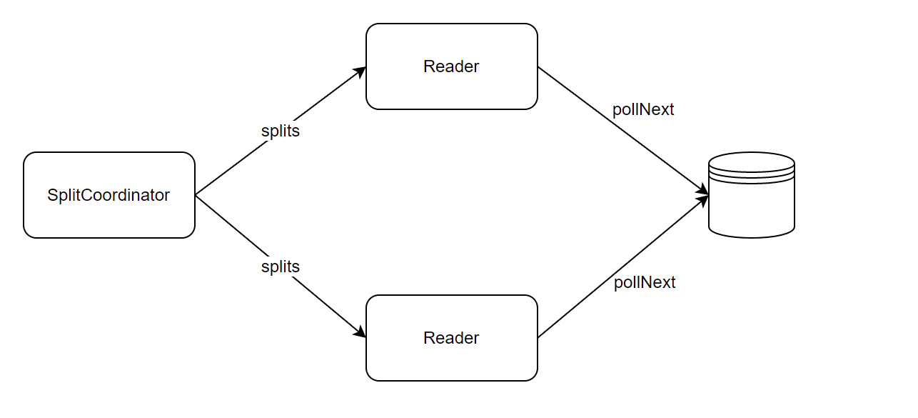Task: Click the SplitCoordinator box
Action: pos(109,195)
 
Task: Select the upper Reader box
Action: pos(452,66)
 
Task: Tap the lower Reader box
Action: pos(452,338)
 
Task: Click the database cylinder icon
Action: pos(752,195)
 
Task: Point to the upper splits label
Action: pos(281,131)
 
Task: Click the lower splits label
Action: pos(281,267)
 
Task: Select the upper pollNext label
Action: pos(643,109)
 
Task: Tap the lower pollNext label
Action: pos(644,283)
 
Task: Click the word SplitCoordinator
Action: pos(109,195)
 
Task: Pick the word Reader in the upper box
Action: pos(451,66)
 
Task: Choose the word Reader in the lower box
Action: pos(451,338)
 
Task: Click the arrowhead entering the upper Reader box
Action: pos(360,71)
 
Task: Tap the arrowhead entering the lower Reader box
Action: pos(360,332)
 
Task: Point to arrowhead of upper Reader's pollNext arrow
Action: pos(702,189)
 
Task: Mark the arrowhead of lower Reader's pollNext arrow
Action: pos(702,200)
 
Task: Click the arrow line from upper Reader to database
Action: pos(623,131)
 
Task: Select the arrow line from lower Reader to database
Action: pos(623,267)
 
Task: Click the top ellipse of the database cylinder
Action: pos(752,162)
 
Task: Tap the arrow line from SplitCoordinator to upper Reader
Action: pos(281,131)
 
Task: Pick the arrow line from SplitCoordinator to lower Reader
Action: pos(281,267)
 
